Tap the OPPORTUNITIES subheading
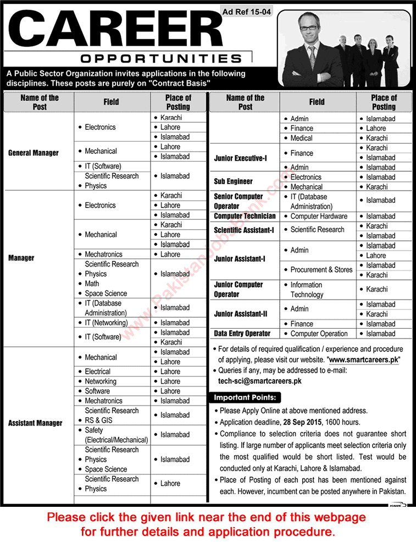160,58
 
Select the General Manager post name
34,153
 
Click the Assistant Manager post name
35,423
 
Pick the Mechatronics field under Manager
104,255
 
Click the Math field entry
92,284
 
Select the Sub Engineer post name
233,181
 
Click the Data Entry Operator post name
242,334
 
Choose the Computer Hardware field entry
319,217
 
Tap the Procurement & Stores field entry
321,270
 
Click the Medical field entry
301,138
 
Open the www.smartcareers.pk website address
364,359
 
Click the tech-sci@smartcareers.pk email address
259,380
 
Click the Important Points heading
245,397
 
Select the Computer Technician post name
245,217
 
